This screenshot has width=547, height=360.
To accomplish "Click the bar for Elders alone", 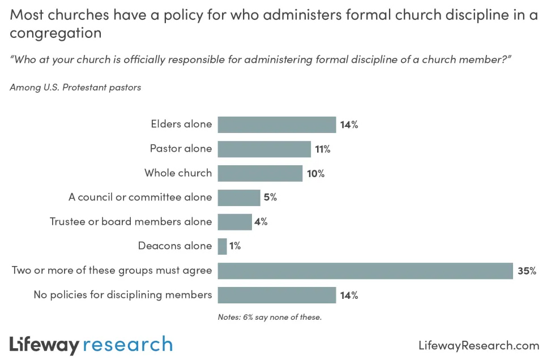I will [x=277, y=125].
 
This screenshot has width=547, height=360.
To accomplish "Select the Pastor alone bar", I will [x=264, y=149].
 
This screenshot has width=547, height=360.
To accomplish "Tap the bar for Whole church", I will [x=260, y=173].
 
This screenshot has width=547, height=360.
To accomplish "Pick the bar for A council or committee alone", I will [x=239, y=198].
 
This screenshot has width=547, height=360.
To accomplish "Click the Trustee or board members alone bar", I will [x=234, y=222].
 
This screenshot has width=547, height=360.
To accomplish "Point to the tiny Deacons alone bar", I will [x=223, y=246].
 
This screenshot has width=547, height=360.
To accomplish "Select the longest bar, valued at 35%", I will [x=365, y=271].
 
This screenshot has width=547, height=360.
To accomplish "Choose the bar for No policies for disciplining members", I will [x=277, y=295].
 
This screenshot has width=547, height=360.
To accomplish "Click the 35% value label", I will [x=527, y=271].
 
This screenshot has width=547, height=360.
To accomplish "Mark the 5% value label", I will [x=270, y=198].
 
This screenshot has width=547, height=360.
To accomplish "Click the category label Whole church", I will [x=178, y=173].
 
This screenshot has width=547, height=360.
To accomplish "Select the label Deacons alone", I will [x=175, y=246].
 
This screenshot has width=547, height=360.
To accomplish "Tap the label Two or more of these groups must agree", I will [x=112, y=271].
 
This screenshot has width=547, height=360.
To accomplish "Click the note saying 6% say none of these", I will [x=270, y=317].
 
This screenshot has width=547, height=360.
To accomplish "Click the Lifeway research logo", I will [x=91, y=345].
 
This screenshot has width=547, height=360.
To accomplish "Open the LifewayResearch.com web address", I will [x=478, y=345].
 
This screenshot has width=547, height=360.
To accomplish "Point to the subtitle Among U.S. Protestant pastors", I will [x=75, y=88].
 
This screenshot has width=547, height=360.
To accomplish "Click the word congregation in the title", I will [x=55, y=33].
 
